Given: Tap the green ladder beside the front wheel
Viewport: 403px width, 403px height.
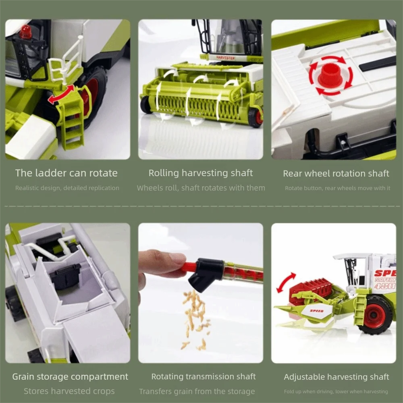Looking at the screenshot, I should click(71, 121).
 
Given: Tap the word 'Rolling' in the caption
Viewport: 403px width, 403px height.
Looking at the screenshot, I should click(164, 173).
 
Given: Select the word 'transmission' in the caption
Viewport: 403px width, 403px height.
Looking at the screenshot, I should click(205, 376).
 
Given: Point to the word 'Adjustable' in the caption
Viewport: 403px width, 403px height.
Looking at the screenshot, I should click(304, 377).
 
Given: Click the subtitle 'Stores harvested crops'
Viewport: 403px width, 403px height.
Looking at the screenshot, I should click(69, 391).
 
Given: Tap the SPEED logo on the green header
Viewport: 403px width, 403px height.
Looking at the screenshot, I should click(317, 311).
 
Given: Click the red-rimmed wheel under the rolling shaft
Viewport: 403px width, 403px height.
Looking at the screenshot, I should click(255, 117).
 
